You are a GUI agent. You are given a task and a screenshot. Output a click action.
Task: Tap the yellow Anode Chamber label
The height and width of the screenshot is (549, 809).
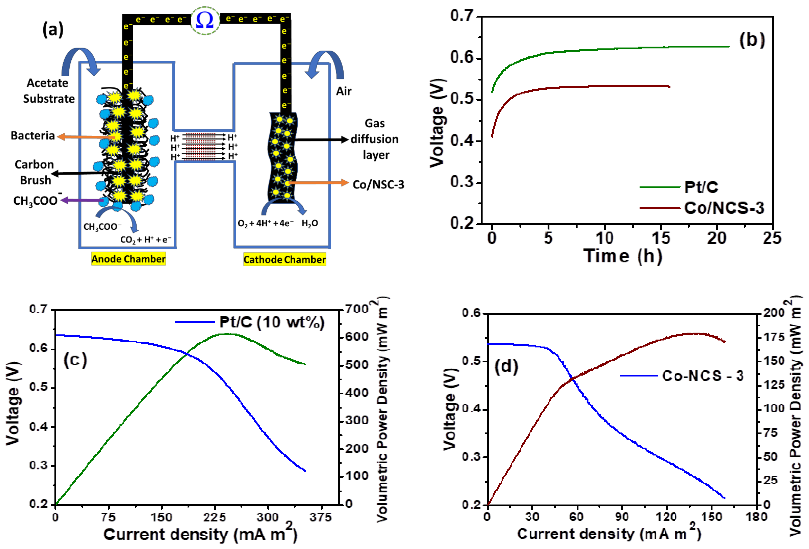(128, 259)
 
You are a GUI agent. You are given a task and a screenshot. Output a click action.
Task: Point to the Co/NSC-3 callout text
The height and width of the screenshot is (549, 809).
(378, 185)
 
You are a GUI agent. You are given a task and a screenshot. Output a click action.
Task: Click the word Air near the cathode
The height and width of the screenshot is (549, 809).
(344, 91)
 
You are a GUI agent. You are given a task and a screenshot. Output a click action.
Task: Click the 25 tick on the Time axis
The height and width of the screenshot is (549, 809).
(772, 238)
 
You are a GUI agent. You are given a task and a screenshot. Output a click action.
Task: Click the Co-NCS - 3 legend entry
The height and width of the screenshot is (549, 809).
(703, 376)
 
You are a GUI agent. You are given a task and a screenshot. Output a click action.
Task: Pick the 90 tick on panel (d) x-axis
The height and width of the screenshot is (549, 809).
(622, 517)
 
